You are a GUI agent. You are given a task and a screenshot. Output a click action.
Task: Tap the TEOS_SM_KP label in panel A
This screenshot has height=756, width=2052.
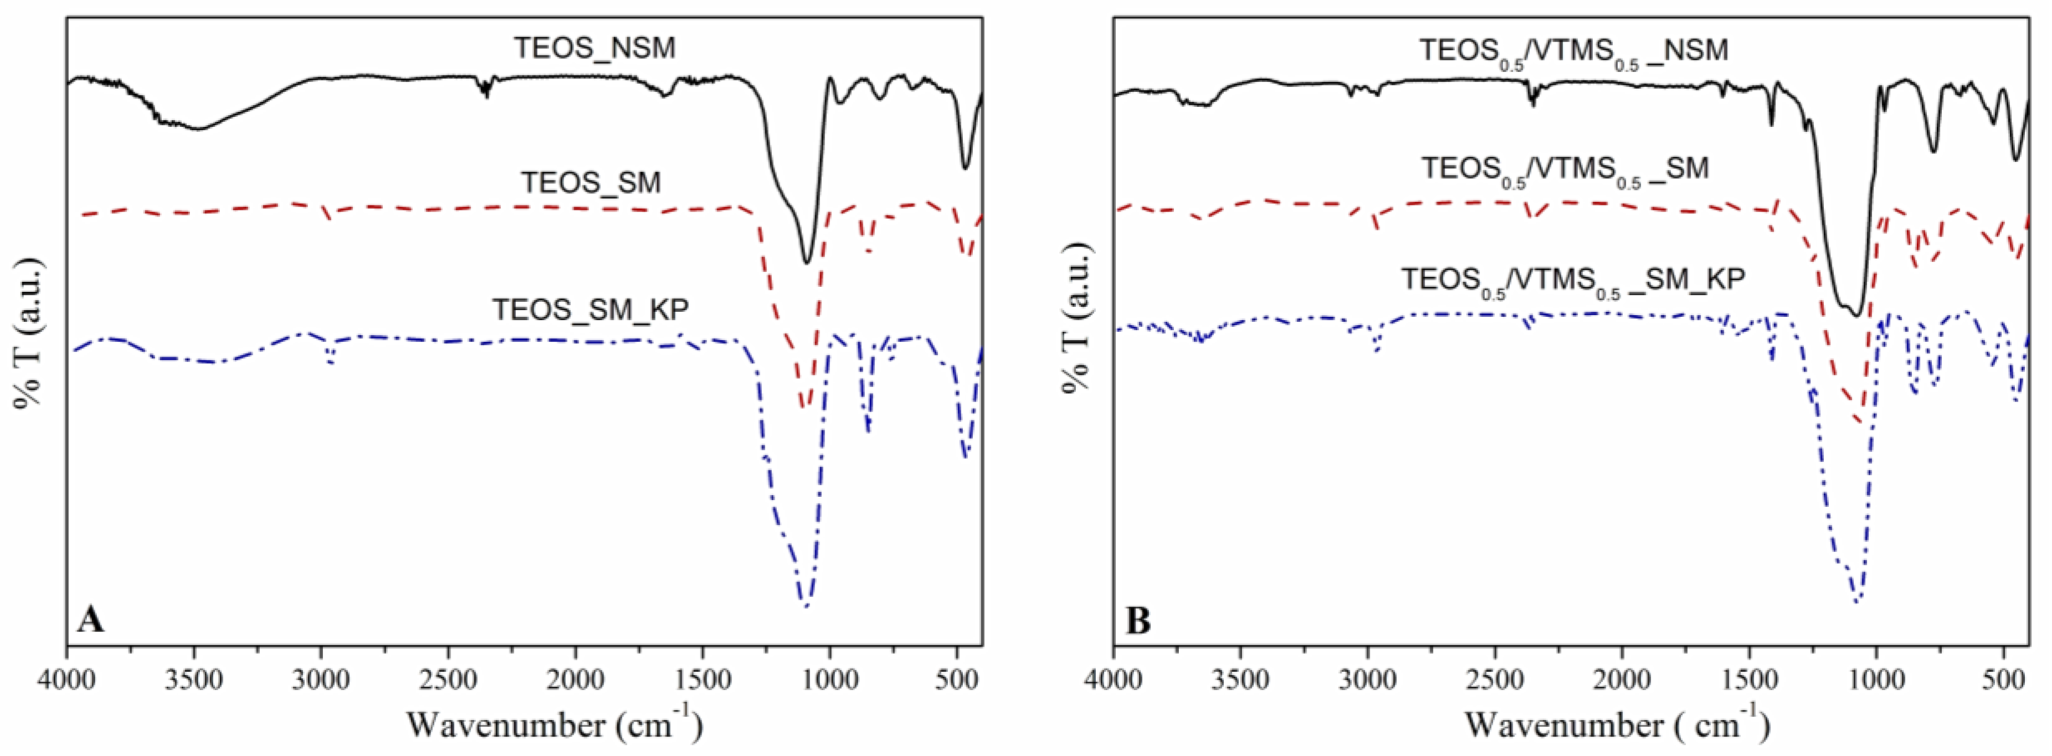click(590, 309)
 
